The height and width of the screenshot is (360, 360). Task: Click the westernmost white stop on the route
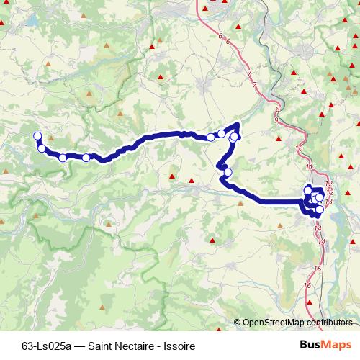pyautogui.click(x=37, y=135)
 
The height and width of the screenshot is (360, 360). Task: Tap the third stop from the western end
pyautogui.click(x=63, y=158)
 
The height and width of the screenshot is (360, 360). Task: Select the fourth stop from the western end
pyautogui.click(x=86, y=158)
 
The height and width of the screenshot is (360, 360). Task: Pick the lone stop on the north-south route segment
pyautogui.click(x=228, y=172)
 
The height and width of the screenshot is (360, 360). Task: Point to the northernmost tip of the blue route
pyautogui.click(x=237, y=125)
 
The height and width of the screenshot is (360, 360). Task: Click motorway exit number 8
pyautogui.click(x=278, y=109)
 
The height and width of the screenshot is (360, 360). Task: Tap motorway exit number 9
pyautogui.click(x=276, y=120)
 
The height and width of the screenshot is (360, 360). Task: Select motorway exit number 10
pyautogui.click(x=299, y=148)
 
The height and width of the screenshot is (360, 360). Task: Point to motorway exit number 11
pyautogui.click(x=310, y=168)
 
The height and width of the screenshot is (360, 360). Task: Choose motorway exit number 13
pyautogui.click(x=328, y=202)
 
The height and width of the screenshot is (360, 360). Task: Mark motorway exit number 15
pyautogui.click(x=318, y=268)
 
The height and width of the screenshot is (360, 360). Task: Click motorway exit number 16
pyautogui.click(x=308, y=286)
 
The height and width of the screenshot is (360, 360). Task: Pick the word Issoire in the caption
pyautogui.click(x=182, y=346)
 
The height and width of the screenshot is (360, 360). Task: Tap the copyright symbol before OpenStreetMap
pyautogui.click(x=238, y=323)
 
